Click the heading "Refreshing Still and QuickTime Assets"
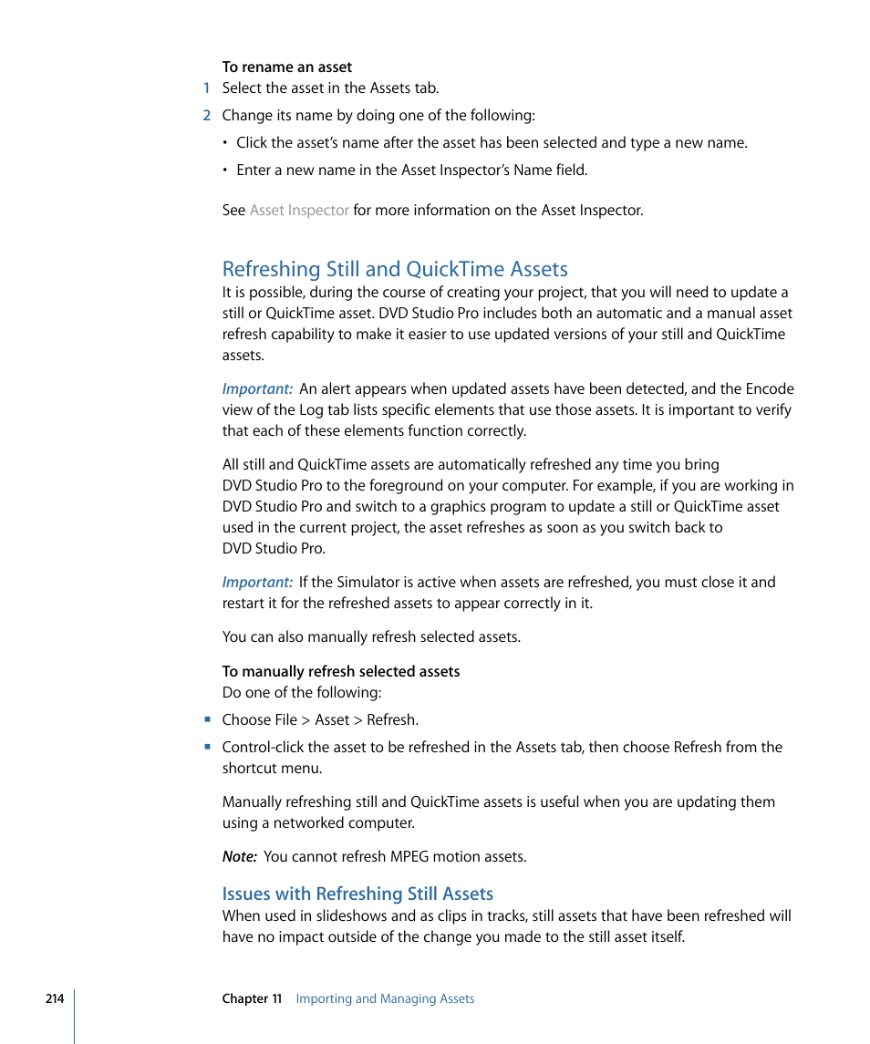pos(395,269)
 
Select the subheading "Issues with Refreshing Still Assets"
pos(357,894)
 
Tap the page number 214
pos(55,998)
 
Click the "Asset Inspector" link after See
pos(299,210)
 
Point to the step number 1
pos(207,88)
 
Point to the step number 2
pos(207,116)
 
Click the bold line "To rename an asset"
pos(286,67)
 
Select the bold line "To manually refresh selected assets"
pos(340,671)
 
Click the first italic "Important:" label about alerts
pos(257,389)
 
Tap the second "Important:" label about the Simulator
pos(257,583)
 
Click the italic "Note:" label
pos(240,857)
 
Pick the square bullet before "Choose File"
pos(208,719)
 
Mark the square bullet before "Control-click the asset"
pos(208,747)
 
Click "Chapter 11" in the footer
pos(252,998)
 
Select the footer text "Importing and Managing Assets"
pos(385,998)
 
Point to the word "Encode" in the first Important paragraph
pos(771,389)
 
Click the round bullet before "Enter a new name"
pos(226,171)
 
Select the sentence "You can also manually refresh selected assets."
pos(371,637)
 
